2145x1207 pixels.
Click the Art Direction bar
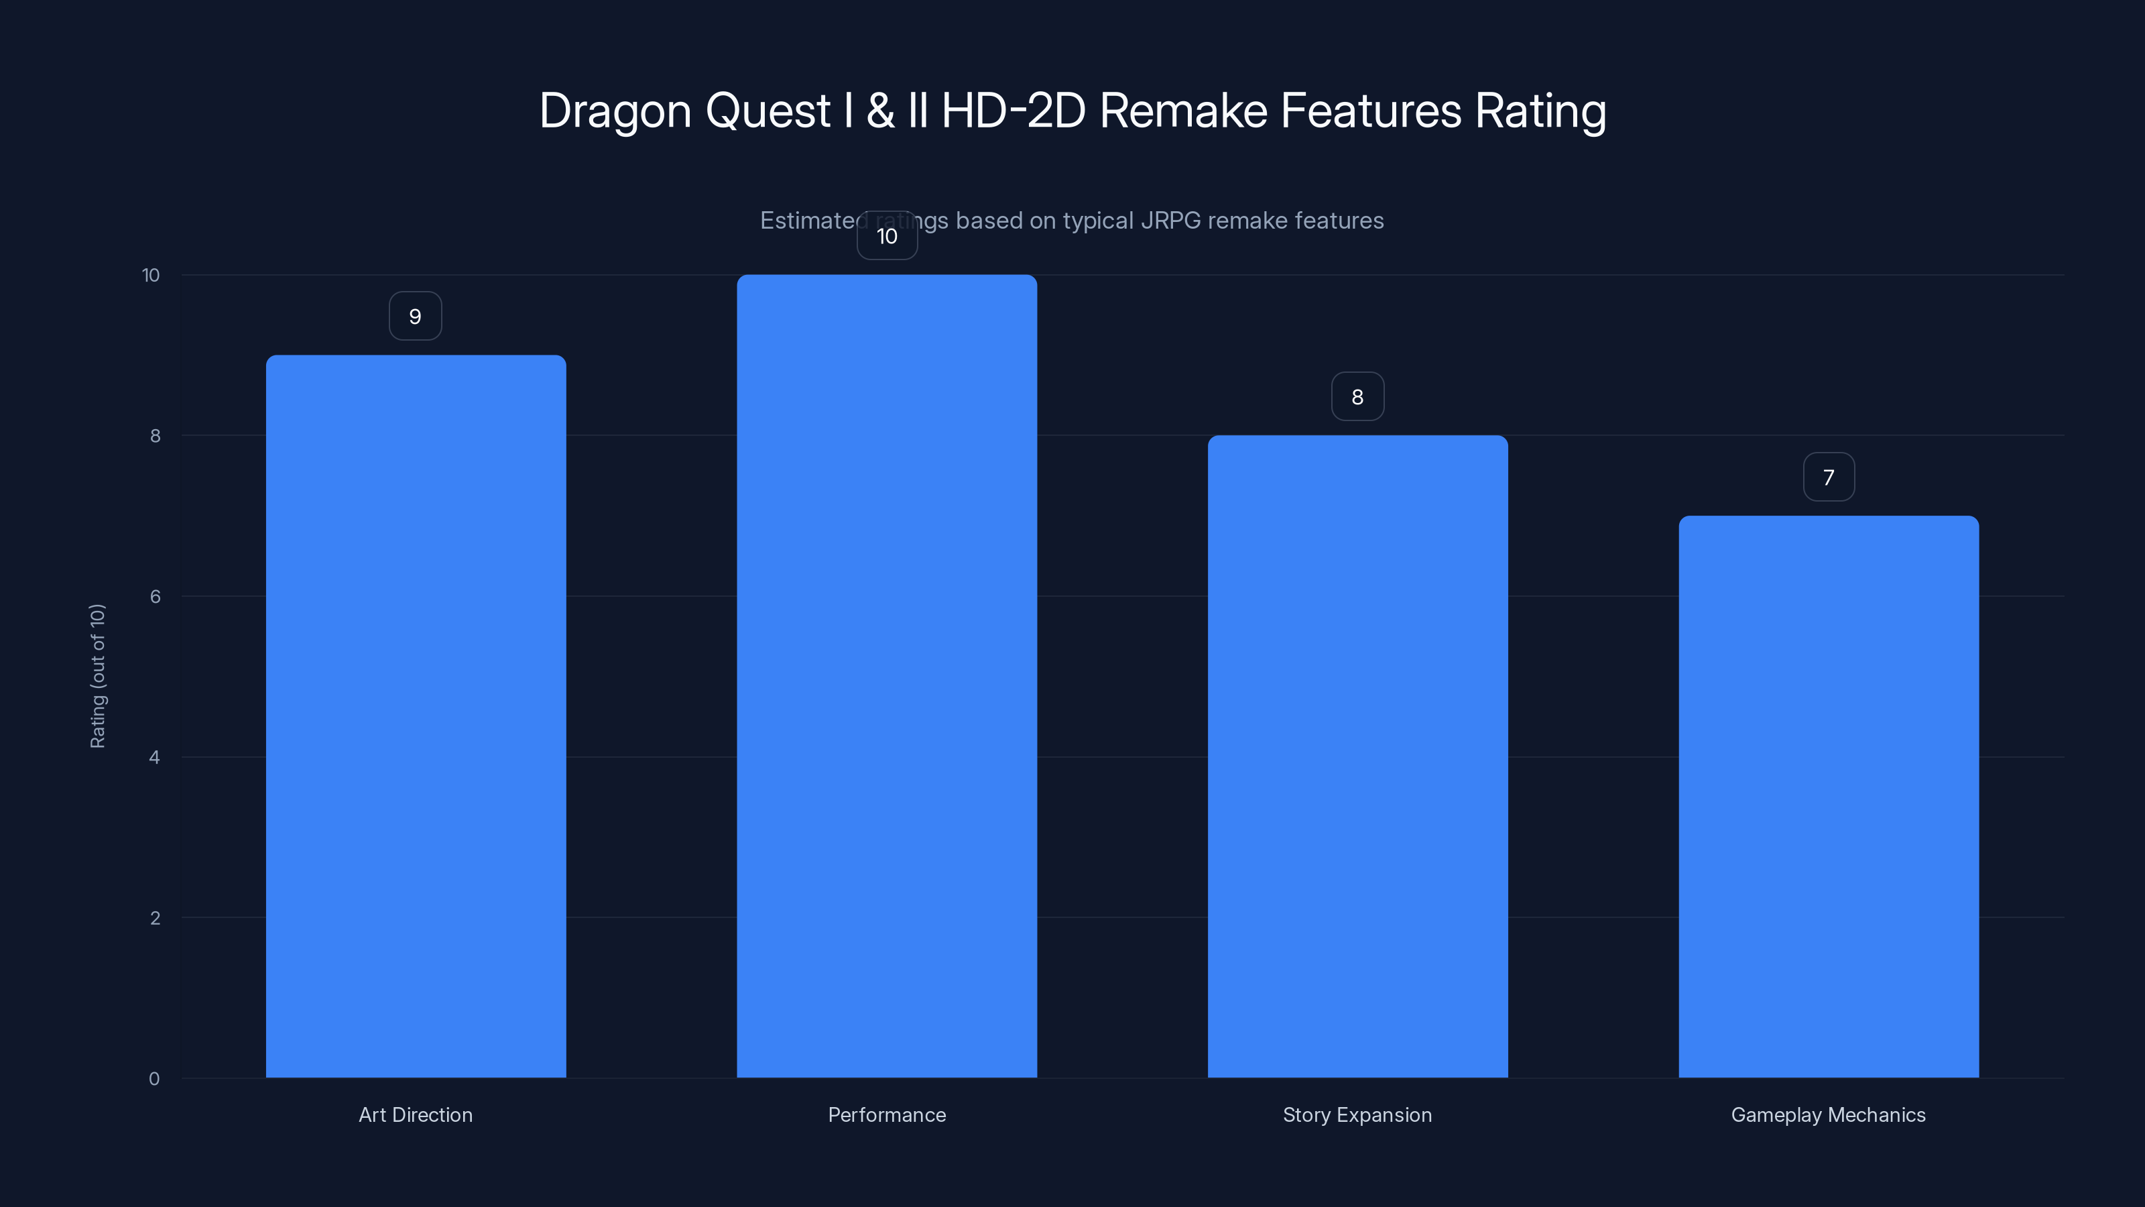point(416,716)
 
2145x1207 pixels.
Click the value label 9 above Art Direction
point(416,317)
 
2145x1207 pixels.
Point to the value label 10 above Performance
point(887,237)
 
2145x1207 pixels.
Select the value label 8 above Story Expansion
point(1357,398)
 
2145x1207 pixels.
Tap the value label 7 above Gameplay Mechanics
point(1829,477)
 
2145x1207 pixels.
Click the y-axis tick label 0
point(154,1079)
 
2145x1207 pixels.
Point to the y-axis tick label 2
point(155,918)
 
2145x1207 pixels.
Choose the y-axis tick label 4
point(154,757)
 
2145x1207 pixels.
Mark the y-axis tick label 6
point(155,596)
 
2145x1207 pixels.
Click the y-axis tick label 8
point(155,436)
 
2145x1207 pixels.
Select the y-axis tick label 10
point(151,275)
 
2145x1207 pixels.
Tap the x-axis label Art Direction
point(416,1114)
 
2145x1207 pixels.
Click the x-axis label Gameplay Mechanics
point(1829,1114)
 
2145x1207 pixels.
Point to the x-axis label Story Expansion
point(1357,1114)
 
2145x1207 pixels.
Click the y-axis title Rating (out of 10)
point(97,677)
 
